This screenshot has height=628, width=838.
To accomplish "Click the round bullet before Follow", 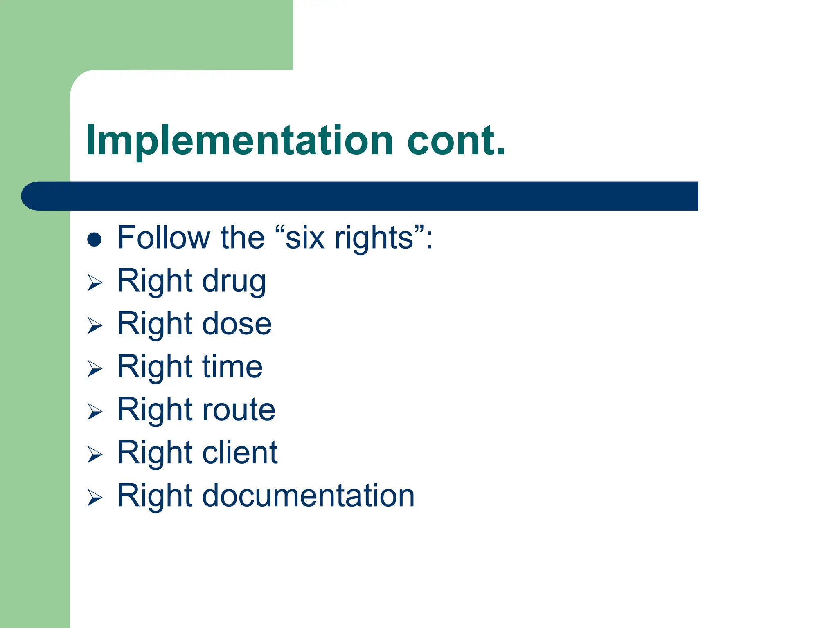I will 94,239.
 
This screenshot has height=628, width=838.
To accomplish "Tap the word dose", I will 237,324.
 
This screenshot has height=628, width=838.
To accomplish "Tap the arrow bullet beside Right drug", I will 95,283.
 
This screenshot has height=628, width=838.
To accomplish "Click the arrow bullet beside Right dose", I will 95,326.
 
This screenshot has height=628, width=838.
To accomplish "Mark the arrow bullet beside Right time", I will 95,369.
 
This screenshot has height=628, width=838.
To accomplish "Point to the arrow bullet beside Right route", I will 95,412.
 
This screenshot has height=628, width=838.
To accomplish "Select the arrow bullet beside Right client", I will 95,455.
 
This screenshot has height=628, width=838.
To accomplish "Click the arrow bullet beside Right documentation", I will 95,498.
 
